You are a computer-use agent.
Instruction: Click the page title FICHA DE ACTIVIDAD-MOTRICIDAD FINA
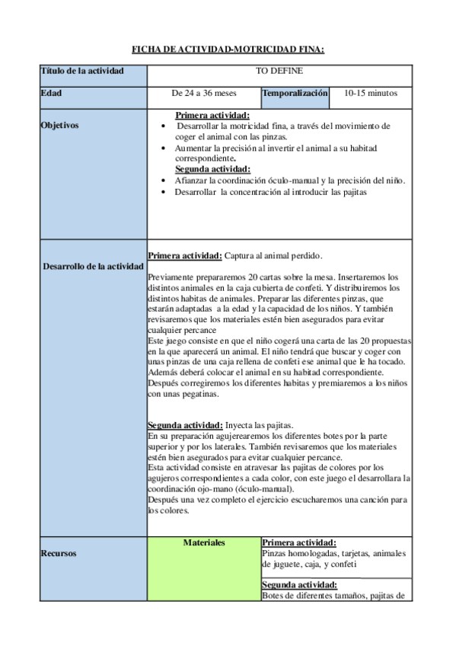click(x=228, y=50)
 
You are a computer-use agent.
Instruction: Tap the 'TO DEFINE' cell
click(x=279, y=72)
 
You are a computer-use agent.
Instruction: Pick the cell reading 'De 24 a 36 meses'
click(x=204, y=94)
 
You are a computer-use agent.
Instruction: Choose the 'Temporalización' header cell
click(x=295, y=94)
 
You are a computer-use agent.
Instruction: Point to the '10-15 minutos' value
click(x=370, y=94)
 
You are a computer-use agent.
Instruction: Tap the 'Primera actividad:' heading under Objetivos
click(x=212, y=116)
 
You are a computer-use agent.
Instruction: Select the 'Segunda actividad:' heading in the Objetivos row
click(x=212, y=169)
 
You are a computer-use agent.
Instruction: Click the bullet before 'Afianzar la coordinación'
click(x=166, y=181)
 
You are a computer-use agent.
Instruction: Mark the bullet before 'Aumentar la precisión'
click(x=166, y=148)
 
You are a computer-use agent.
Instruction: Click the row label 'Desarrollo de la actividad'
click(x=93, y=267)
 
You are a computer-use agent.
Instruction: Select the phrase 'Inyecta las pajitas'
click(x=260, y=424)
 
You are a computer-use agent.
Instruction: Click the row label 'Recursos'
click(x=58, y=554)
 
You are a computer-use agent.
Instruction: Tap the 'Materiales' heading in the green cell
click(x=204, y=542)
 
